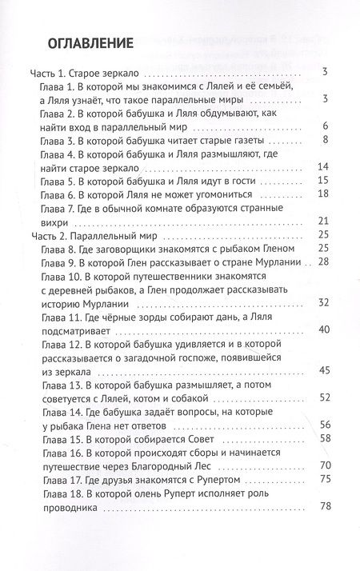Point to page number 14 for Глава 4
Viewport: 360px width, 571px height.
tap(324, 167)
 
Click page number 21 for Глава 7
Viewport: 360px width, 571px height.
tap(324, 221)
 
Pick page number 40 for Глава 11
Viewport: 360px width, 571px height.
tap(324, 329)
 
